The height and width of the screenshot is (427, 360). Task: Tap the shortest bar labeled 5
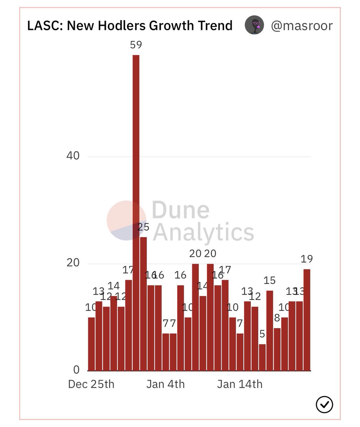(262, 357)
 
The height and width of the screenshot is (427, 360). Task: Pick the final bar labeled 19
(307, 320)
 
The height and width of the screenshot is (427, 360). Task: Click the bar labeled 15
(270, 331)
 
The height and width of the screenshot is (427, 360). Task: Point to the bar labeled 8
(277, 349)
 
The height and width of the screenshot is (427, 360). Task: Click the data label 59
(136, 45)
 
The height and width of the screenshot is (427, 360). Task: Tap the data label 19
(307, 259)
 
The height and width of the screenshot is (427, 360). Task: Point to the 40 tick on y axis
(73, 156)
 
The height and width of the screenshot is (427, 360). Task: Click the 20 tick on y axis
(73, 263)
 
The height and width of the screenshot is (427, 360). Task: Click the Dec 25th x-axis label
(91, 384)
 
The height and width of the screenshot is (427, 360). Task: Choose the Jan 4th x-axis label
(165, 384)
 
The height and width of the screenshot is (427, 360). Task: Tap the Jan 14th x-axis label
(240, 384)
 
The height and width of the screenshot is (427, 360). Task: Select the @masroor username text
(302, 26)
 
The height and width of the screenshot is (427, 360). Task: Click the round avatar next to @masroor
(254, 26)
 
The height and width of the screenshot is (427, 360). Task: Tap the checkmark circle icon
(324, 405)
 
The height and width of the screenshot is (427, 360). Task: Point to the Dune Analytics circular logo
(126, 220)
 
